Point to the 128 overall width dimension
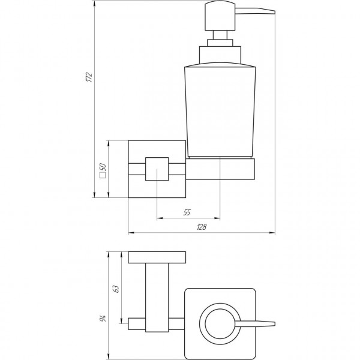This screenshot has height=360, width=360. pos(202,227)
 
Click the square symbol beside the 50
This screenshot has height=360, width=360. pos(103,178)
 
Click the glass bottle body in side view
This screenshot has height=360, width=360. pos(220,108)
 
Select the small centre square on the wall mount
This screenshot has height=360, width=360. pos(156,169)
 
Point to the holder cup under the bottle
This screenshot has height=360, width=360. pos(222,169)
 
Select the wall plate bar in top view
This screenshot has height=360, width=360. pos(157,257)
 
